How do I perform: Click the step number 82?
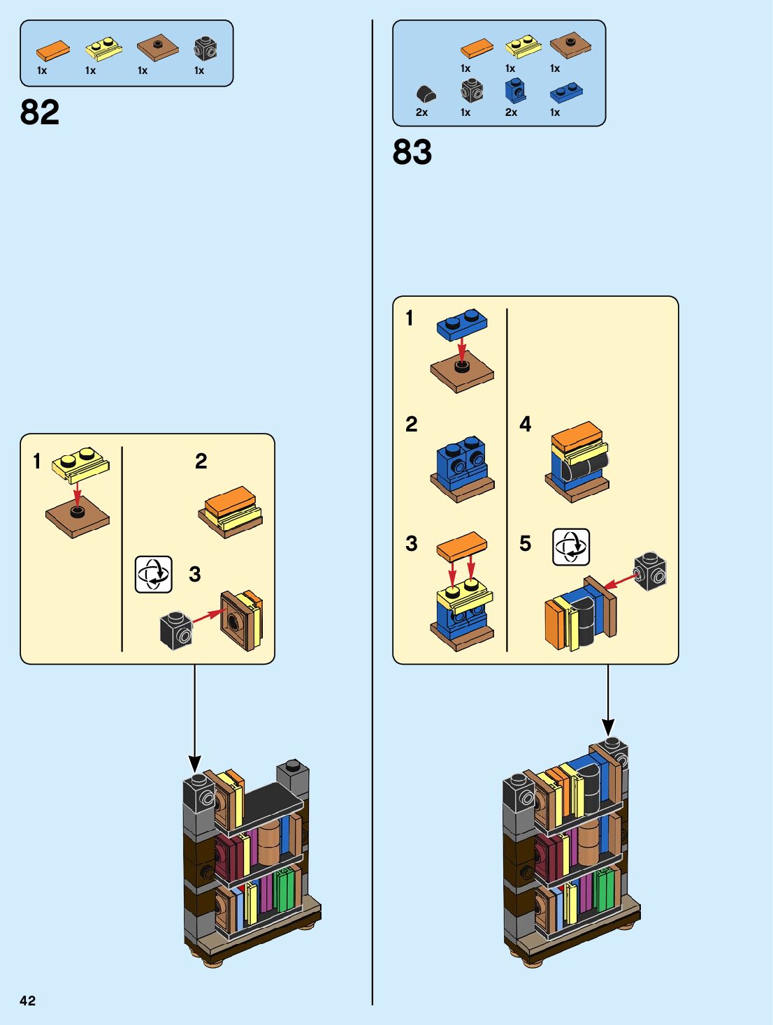(40, 112)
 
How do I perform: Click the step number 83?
(412, 152)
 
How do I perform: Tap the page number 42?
(27, 1000)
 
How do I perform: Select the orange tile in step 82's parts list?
(53, 51)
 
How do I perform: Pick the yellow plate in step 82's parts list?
(103, 50)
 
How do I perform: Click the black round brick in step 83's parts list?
(426, 94)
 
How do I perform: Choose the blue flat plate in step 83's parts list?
(566, 93)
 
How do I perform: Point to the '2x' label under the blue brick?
(511, 112)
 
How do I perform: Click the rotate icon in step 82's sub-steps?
(154, 574)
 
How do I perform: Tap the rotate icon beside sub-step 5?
(571, 546)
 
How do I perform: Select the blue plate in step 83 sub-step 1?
(462, 325)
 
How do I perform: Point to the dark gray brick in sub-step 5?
(650, 571)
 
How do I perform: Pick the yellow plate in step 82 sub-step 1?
(80, 464)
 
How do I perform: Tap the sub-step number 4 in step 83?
(525, 424)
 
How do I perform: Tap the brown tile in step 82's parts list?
(157, 48)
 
